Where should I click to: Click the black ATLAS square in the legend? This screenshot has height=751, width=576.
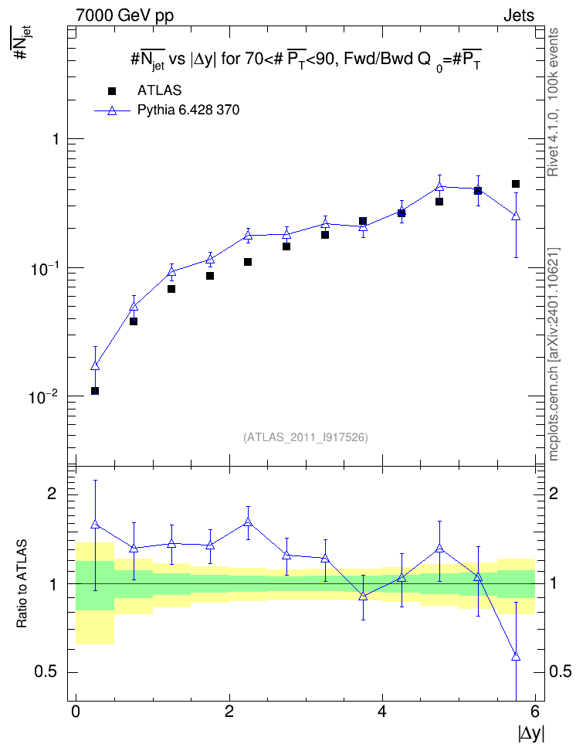click(x=112, y=91)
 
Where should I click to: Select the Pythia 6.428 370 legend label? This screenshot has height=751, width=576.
click(x=188, y=110)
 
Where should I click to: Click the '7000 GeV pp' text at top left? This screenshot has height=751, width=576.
click(x=124, y=15)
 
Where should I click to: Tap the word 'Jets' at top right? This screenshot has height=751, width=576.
click(x=519, y=15)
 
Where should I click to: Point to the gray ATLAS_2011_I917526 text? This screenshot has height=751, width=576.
click(x=306, y=437)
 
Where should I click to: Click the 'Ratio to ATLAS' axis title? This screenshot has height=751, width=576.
click(x=22, y=584)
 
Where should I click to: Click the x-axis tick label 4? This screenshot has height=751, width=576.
click(x=382, y=712)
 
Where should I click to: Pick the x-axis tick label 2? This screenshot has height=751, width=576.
click(x=229, y=712)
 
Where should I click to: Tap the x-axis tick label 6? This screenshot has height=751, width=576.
click(x=535, y=712)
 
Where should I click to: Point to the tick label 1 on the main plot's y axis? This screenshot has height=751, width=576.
click(x=56, y=139)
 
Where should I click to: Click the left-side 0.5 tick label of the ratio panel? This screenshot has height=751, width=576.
click(x=46, y=672)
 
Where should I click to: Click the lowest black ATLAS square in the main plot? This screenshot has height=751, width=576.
click(x=95, y=391)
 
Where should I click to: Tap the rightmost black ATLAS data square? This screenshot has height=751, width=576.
click(x=516, y=184)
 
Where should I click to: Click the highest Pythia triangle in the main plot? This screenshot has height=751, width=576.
click(x=439, y=186)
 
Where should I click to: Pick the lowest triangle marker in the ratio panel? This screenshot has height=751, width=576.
click(x=516, y=656)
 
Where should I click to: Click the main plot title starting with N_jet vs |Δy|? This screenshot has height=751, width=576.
click(x=306, y=60)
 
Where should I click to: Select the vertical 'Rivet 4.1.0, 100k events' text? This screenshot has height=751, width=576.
click(x=553, y=102)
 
